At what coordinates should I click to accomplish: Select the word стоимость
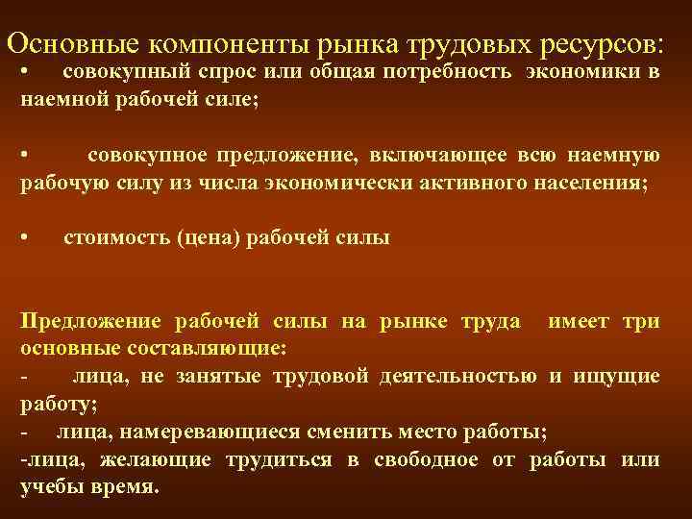tap(116, 239)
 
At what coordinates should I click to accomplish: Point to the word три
tap(641, 321)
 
